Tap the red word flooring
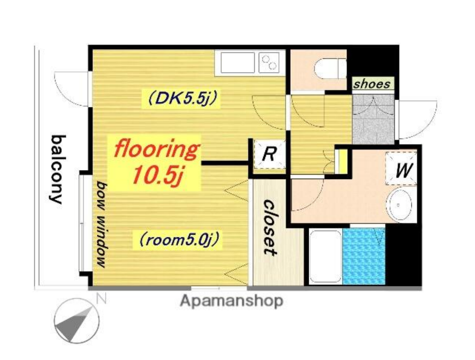pyautogui.click(x=156, y=149)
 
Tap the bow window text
pyautogui.click(x=102, y=224)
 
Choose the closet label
pyautogui.click(x=269, y=227)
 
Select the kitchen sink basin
pyautogui.click(x=237, y=62)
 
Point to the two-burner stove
pyautogui.click(x=269, y=62)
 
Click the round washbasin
pyautogui.click(x=400, y=204)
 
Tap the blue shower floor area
pyautogui.click(x=364, y=256)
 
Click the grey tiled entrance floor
pyautogui.click(x=373, y=119)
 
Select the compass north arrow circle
pyautogui.click(x=77, y=321)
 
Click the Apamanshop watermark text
pyautogui.click(x=232, y=301)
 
